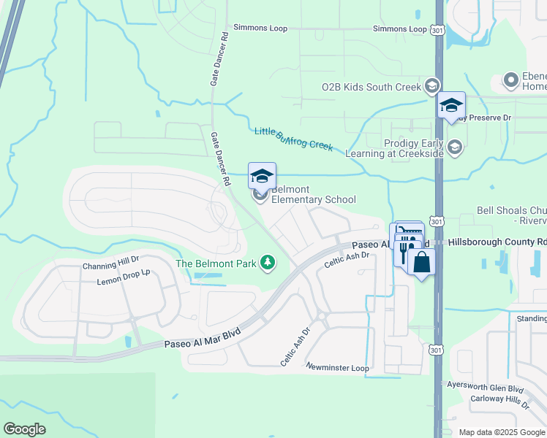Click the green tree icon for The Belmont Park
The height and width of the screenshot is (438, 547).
[268, 263]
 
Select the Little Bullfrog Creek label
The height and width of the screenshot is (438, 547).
[293, 139]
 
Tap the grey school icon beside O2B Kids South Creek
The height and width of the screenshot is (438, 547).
[431, 87]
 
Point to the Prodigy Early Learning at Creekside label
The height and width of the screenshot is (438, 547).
[414, 148]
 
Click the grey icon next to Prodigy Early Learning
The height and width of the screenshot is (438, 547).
[455, 148]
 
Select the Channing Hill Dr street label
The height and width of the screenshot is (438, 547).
[110, 266]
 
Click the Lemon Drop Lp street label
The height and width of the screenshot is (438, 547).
[123, 280]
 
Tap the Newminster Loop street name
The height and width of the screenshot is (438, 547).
[338, 367]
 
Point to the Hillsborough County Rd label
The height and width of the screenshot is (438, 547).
[497, 241]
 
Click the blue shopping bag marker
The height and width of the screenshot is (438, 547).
[422, 261]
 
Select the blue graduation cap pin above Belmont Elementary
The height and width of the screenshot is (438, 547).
[262, 175]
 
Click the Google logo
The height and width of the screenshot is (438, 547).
[24, 429]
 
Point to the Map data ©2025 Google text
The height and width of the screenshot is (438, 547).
[502, 432]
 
